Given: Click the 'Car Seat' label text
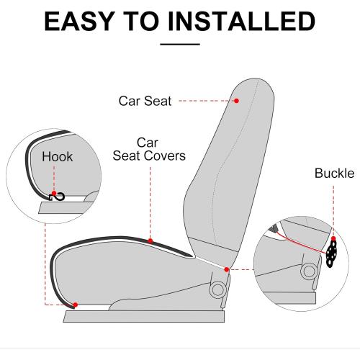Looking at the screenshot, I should coord(145,101).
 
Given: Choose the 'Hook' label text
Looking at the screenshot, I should coord(57,156).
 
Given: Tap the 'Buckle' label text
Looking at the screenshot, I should coord(334,174).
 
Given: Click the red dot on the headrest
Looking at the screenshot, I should coord(238,101).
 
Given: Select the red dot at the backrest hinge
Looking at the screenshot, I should coord(226,270).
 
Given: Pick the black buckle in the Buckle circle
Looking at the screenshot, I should coord(331,253).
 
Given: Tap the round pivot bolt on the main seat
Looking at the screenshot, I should coord(215,289).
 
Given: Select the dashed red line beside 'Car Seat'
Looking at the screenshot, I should coord(204,101).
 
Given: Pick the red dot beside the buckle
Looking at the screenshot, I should coord(333,240).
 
